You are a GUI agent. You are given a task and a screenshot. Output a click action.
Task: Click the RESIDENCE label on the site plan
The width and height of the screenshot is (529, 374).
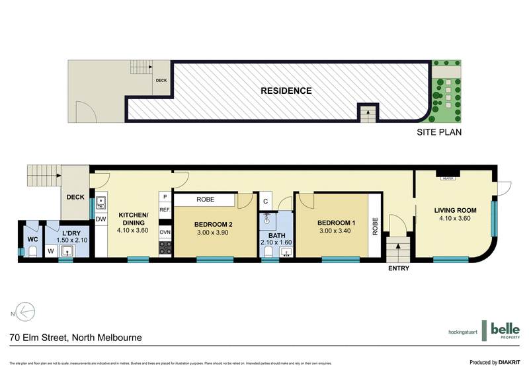click(286, 91)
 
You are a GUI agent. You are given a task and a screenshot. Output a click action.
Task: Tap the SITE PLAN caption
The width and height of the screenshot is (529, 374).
click(438, 132)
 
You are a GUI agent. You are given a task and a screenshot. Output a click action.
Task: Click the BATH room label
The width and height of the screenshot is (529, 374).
click(276, 235)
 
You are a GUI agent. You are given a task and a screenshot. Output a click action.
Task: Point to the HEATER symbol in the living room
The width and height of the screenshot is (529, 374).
click(448, 177)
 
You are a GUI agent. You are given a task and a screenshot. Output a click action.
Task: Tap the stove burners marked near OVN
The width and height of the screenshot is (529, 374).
click(165, 248)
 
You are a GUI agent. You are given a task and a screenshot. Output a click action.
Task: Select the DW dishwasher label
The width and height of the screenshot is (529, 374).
click(101, 219)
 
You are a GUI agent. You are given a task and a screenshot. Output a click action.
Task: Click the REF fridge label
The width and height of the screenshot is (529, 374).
click(165, 210)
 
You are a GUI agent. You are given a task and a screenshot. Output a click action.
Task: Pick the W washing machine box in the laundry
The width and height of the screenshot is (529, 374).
click(50, 251)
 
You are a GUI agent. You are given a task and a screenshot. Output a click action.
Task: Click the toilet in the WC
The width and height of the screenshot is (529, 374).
click(31, 250)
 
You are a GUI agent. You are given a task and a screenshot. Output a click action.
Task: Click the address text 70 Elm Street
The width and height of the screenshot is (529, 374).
click(75, 338)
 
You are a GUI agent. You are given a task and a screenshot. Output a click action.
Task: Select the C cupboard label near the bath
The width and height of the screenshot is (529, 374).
click(264, 201)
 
